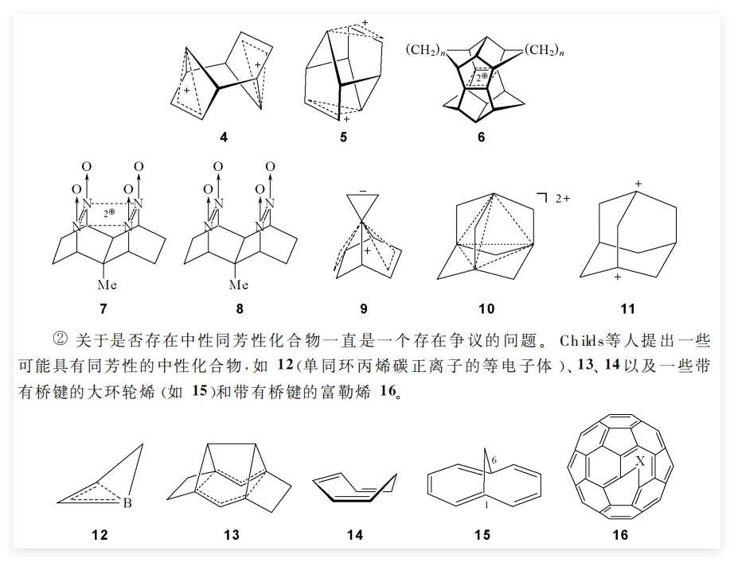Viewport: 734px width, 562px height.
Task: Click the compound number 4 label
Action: click(x=224, y=137)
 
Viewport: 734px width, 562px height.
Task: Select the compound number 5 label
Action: click(x=343, y=137)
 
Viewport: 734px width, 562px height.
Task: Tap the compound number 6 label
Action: click(x=480, y=137)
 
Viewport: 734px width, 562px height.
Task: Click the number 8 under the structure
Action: click(x=240, y=308)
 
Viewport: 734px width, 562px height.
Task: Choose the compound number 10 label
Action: click(x=486, y=308)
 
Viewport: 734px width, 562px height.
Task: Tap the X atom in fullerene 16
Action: click(x=638, y=459)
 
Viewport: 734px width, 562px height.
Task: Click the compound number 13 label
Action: click(x=232, y=535)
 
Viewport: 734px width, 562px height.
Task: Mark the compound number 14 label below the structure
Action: click(x=355, y=535)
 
